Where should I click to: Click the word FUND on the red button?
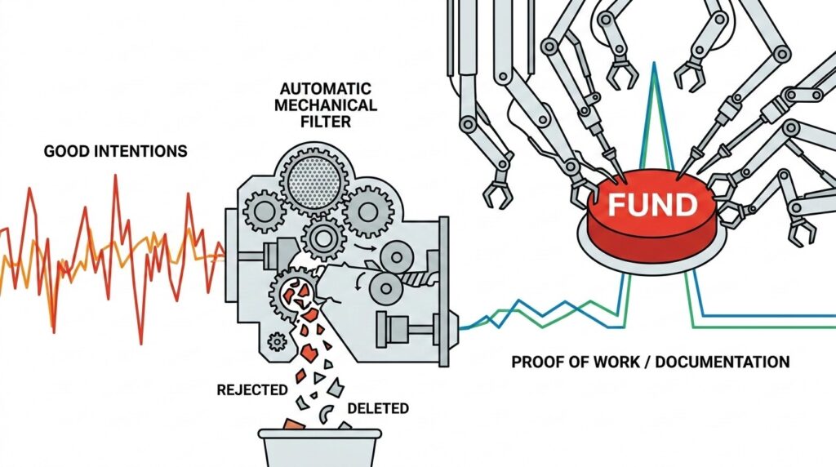tap(652, 205)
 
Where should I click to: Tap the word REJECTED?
tap(252, 390)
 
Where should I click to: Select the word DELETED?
tap(378, 408)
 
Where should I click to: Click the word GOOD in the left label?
tap(66, 151)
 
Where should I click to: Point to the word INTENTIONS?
tap(140, 151)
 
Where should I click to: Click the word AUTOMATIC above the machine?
tap(325, 88)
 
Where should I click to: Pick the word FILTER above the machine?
tap(326, 122)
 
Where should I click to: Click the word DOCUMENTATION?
tap(722, 362)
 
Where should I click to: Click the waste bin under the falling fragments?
tap(320, 447)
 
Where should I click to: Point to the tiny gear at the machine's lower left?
tap(277, 341)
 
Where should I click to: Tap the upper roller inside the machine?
tap(395, 257)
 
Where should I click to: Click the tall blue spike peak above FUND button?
tap(654, 64)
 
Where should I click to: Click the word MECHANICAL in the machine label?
tap(326, 105)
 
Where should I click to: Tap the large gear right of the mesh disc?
tap(368, 211)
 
